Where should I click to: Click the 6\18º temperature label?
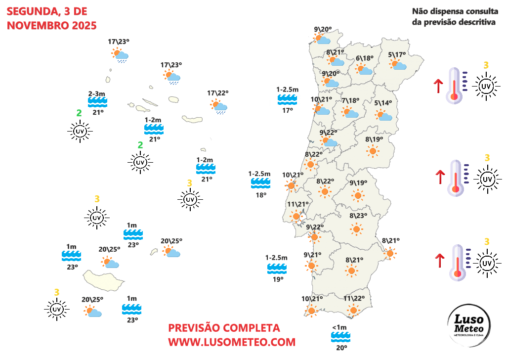tap(365, 58)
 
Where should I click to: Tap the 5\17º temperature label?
tap(396, 54)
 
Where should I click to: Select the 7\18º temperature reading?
tap(350, 101)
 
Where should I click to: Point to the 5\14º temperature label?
tap(382, 103)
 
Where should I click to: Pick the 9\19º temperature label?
tap(358, 183)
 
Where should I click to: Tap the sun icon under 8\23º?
tap(356, 228)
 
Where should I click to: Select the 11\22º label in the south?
tap(354, 298)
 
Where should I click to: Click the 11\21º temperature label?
tap(297, 204)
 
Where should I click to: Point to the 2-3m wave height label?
tap(97, 94)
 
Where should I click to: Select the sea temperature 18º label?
tap(260, 195)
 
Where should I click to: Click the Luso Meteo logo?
tap(468, 326)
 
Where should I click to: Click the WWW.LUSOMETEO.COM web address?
tap(232, 341)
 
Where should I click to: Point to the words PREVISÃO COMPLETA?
tap(224, 328)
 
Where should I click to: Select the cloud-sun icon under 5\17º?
tap(397, 64)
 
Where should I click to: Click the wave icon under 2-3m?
tap(97, 102)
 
